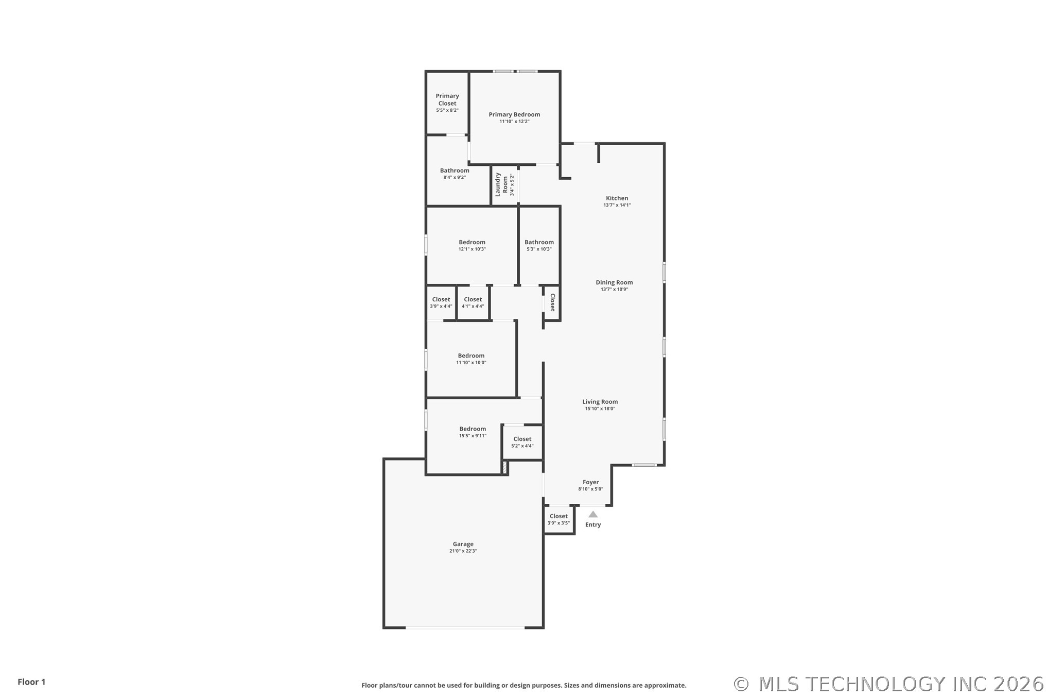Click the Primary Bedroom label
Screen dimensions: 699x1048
514,114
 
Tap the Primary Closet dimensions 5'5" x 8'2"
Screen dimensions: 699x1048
447,110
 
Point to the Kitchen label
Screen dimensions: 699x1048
617,198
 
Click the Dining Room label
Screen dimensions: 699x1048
614,282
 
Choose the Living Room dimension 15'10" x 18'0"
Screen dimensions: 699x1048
600,409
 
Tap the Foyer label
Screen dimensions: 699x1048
590,482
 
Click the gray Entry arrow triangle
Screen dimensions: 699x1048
593,514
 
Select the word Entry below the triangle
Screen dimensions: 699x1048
593,525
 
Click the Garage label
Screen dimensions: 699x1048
463,544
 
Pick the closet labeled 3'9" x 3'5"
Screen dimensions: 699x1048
558,519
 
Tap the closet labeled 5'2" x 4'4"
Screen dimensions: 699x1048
522,442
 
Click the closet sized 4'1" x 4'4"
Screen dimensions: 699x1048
473,302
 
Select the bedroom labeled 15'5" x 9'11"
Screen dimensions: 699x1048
473,432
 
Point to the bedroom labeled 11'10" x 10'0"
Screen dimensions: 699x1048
471,359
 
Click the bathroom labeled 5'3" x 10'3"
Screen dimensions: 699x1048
539,245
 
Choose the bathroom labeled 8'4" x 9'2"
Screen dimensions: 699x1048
455,174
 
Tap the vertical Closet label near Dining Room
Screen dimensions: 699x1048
552,303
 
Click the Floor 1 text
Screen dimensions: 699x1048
31,682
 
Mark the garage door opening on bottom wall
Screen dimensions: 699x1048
465,627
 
